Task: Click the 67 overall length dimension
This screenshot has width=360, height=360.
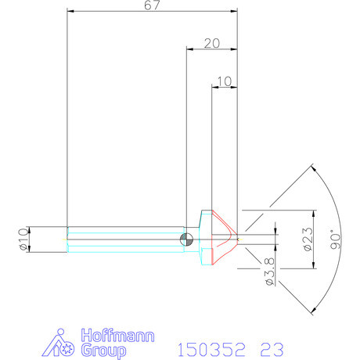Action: click(152, 5)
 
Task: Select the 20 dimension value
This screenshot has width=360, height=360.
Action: click(212, 43)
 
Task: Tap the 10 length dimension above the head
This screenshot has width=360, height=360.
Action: click(224, 81)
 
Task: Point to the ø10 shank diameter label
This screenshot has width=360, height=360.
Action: click(23, 239)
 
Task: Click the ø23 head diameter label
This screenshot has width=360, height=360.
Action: click(308, 239)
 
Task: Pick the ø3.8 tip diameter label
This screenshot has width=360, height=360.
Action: click(270, 272)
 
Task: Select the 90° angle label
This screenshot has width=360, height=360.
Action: click(336, 239)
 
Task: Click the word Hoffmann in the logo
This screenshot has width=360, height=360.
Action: click(117, 336)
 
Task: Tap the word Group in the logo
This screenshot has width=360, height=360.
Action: click(103, 351)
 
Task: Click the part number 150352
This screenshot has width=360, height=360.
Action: click(211, 350)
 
